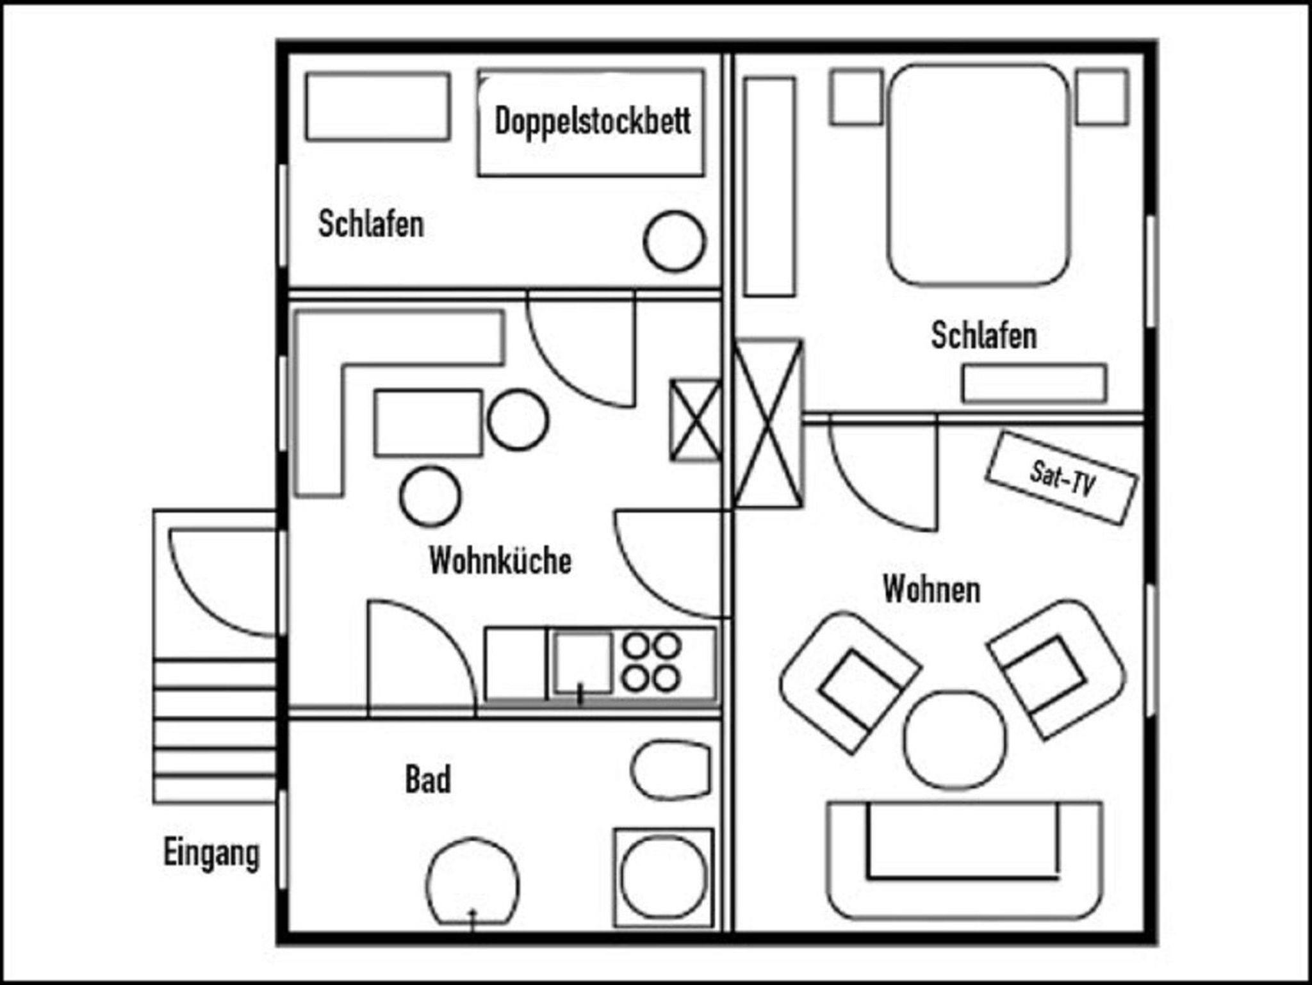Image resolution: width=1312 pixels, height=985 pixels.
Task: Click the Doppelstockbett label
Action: (593, 122)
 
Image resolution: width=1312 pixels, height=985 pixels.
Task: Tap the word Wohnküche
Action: (500, 560)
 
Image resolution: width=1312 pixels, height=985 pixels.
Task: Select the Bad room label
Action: (428, 779)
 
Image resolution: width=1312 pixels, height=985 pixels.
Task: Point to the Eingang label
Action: (211, 854)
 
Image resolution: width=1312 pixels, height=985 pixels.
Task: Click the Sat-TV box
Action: (1062, 478)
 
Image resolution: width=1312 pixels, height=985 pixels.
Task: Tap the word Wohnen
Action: (931, 589)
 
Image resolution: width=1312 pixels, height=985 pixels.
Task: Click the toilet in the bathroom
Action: (671, 770)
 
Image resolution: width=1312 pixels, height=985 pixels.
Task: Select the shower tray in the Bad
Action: (663, 877)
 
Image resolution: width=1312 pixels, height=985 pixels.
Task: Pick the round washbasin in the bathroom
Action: (473, 882)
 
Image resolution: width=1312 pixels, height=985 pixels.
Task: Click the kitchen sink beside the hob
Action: (582, 663)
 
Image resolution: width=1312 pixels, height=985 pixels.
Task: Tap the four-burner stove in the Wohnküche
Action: (652, 662)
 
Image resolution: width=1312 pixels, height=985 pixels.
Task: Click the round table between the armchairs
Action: (955, 738)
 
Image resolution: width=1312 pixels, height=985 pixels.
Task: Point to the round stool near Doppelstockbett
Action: (674, 242)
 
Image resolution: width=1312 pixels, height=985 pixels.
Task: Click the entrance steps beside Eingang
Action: (215, 730)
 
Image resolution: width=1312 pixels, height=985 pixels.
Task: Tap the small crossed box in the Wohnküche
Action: (695, 420)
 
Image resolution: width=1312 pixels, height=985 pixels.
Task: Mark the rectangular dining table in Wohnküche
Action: (428, 423)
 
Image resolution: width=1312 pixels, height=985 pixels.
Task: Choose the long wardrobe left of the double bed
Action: (769, 187)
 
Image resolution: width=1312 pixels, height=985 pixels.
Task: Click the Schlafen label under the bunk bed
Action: (371, 224)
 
